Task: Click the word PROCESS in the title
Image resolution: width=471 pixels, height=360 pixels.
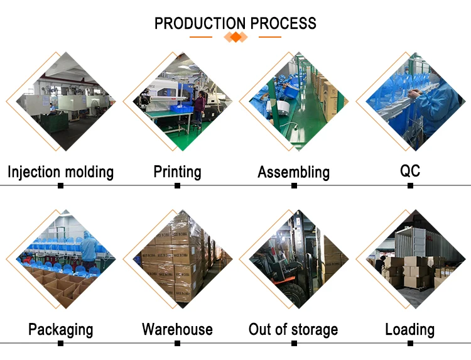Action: click(x=283, y=24)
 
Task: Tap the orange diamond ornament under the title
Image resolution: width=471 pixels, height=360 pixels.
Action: click(x=235, y=38)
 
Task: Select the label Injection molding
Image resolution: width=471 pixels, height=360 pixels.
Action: click(x=61, y=172)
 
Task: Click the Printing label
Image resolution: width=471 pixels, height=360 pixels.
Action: click(x=178, y=172)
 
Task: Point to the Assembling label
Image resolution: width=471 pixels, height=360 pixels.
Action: click(x=293, y=172)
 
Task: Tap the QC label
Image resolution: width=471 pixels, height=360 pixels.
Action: click(x=410, y=171)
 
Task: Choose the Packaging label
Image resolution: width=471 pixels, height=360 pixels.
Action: click(x=61, y=329)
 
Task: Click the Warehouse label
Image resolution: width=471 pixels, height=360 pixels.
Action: click(x=177, y=329)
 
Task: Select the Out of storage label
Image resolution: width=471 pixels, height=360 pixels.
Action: click(x=293, y=329)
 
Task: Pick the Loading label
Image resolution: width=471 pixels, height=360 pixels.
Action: click(x=409, y=329)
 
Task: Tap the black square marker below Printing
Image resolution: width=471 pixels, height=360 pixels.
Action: click(x=178, y=186)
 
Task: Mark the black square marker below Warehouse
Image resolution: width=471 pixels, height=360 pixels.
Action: click(x=178, y=344)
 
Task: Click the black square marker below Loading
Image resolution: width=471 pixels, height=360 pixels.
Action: click(x=410, y=344)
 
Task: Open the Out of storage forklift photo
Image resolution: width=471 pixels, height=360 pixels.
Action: click(x=293, y=259)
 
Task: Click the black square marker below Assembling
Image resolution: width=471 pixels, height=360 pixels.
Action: click(x=294, y=186)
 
